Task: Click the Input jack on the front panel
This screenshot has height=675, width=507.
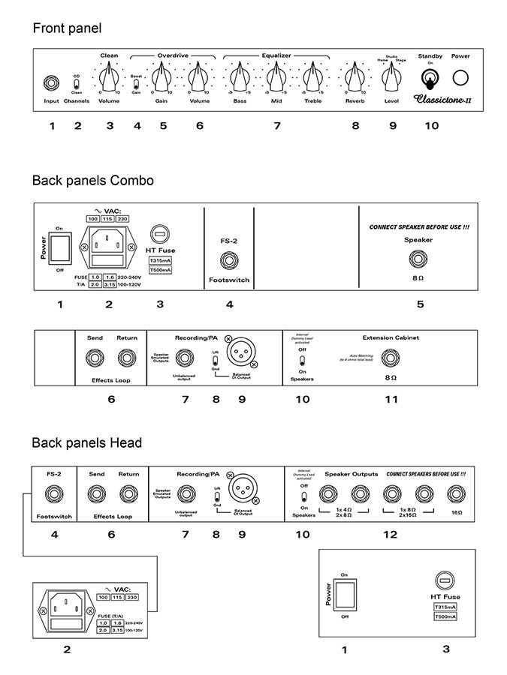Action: click(51, 81)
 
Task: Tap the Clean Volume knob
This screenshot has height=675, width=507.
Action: click(109, 76)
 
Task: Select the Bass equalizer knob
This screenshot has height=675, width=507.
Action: click(239, 76)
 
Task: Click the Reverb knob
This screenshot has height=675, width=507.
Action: click(355, 76)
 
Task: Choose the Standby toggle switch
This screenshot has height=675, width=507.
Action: click(430, 77)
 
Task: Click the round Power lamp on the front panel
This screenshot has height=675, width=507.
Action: click(460, 77)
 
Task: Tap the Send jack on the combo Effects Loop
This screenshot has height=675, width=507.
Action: click(95, 358)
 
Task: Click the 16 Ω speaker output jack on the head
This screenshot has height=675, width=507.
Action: click(455, 493)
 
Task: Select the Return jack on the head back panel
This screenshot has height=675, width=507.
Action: click(128, 494)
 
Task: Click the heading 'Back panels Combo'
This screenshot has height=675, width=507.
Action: click(92, 180)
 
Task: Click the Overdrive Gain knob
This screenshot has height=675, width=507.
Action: click(161, 76)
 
